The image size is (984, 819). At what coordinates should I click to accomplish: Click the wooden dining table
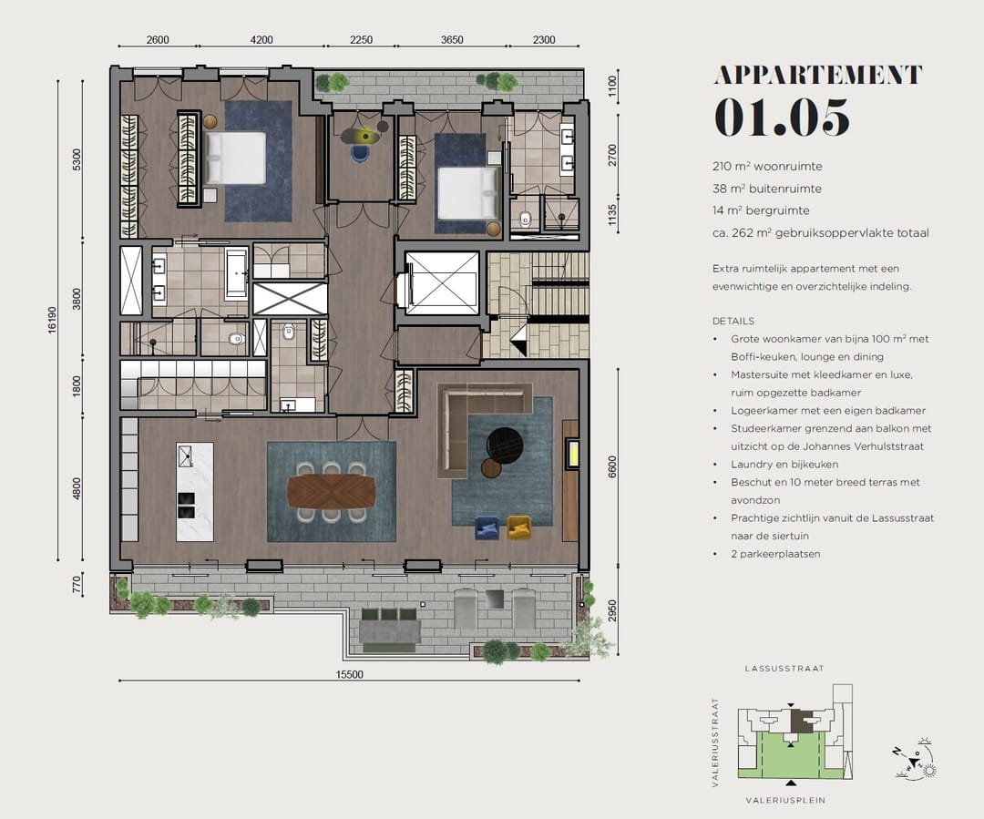[332, 491]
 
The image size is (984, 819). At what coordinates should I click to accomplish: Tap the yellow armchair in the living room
[519, 527]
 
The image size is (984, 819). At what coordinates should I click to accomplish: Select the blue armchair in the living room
[487, 527]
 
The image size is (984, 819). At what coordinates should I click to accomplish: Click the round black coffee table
[505, 445]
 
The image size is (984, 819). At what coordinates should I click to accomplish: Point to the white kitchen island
[195, 491]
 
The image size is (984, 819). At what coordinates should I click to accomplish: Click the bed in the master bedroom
[235, 159]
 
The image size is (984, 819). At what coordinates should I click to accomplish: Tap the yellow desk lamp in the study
[366, 134]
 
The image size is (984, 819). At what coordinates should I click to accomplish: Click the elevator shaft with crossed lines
[442, 283]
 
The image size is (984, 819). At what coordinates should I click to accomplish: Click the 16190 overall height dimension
[52, 320]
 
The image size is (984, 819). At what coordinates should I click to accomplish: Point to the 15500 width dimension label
[349, 675]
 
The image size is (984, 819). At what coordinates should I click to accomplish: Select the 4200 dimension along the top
[261, 39]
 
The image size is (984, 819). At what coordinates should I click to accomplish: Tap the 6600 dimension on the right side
[612, 467]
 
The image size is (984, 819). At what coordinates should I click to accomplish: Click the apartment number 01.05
[782, 118]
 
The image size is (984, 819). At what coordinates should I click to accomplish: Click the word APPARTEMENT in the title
[818, 75]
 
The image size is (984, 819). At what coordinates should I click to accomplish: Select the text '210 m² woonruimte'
[767, 167]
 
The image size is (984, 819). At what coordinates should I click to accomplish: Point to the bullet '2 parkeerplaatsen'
[775, 554]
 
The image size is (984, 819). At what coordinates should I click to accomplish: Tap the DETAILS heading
[733, 321]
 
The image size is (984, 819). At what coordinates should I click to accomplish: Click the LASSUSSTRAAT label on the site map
[784, 669]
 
